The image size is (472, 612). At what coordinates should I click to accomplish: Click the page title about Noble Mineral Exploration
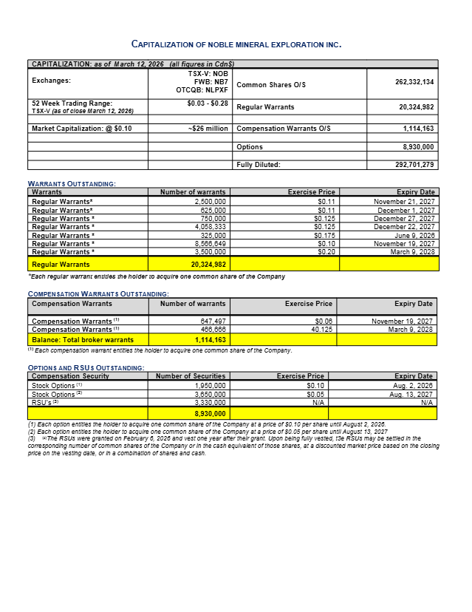coord(236,44)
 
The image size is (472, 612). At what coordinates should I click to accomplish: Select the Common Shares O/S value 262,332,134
coord(414,82)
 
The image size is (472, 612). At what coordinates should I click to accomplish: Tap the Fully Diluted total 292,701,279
coord(414,165)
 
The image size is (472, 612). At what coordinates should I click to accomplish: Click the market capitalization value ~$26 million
coord(208,129)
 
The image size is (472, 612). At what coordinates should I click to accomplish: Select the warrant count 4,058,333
coord(211,226)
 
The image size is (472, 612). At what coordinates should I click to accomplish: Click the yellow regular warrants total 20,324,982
coord(204,264)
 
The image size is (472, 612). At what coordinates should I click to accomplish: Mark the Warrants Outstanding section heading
coord(71,183)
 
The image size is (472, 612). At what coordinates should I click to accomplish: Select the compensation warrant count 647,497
coord(213,322)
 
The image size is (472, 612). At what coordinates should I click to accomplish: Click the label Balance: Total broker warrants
coord(83,339)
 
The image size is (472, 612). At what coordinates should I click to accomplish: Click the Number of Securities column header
coord(191,376)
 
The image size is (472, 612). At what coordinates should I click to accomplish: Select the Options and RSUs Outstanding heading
coord(85,367)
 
